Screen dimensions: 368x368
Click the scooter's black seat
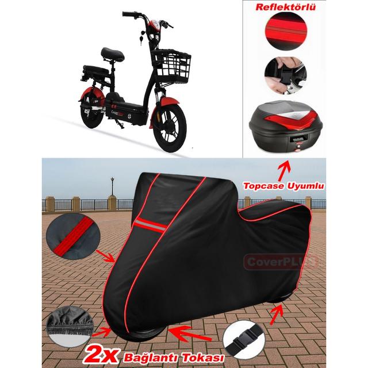pyautogui.click(x=112, y=54)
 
